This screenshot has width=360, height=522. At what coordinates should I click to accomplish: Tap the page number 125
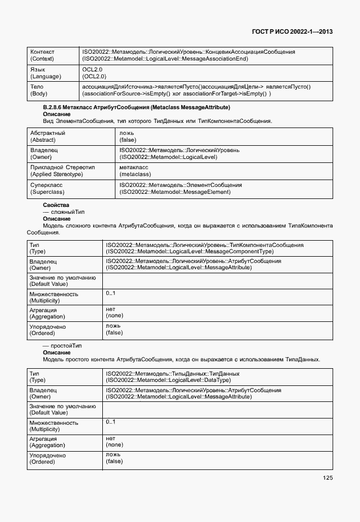pyautogui.click(x=327, y=478)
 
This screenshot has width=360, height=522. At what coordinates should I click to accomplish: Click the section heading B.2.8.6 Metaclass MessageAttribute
pyautogui.click(x=137, y=107)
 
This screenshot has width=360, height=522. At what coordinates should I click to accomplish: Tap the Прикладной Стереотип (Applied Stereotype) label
pyautogui.click(x=62, y=170)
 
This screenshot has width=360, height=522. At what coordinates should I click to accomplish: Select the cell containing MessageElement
pyautogui.click(x=181, y=188)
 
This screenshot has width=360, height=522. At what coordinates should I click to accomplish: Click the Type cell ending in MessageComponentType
pyautogui.click(x=204, y=248)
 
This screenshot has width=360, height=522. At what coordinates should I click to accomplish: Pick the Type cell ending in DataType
pyautogui.click(x=172, y=377)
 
